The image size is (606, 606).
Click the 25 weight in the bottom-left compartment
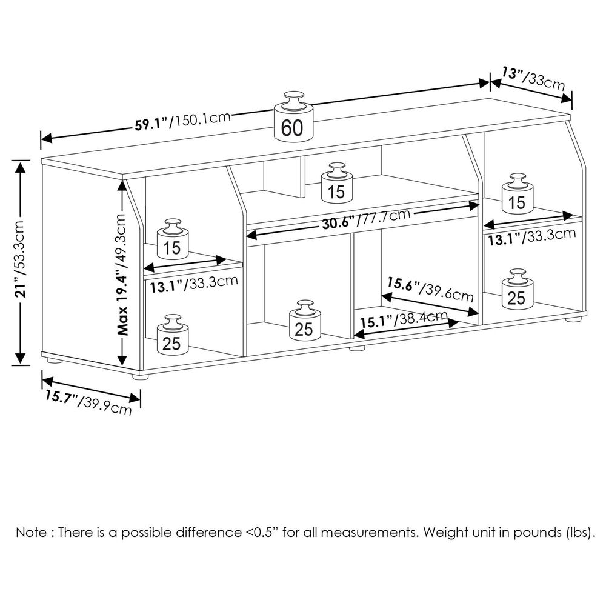point(172,337)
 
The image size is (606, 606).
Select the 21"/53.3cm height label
point(20,261)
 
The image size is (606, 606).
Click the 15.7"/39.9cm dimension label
point(88,404)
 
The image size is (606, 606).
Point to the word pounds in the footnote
point(535,534)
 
